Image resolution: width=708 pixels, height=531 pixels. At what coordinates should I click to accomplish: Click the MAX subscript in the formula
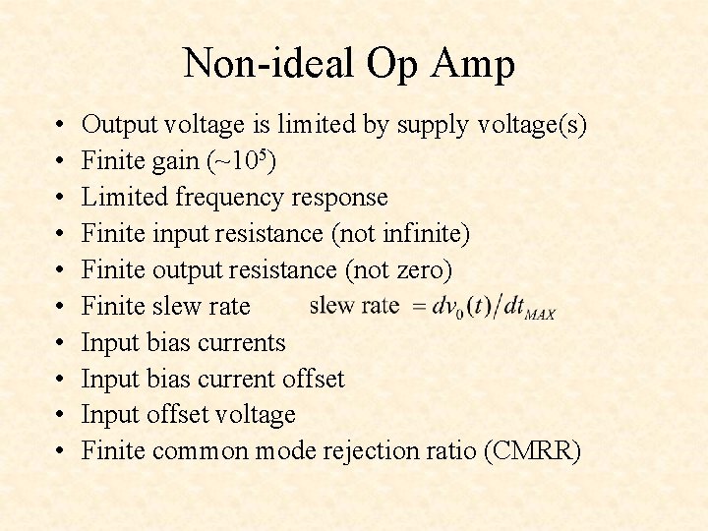[540, 315]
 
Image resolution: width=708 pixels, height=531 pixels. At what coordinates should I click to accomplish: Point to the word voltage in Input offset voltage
[255, 415]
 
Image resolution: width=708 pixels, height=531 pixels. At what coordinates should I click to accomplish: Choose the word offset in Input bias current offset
[313, 379]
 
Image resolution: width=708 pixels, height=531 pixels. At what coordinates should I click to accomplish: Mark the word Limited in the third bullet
[125, 198]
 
